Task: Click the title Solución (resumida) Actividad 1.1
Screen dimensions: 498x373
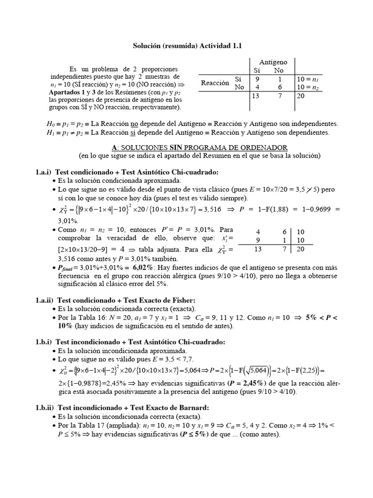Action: point(187,45)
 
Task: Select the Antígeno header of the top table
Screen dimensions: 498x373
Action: point(272,62)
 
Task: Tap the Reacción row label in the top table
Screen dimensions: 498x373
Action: point(215,83)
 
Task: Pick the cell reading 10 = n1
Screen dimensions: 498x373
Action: point(307,79)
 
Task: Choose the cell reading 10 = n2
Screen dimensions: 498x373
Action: point(307,88)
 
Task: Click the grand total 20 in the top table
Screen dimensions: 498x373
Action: point(301,96)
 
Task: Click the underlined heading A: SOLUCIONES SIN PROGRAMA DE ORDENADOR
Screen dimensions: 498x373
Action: point(200,147)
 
